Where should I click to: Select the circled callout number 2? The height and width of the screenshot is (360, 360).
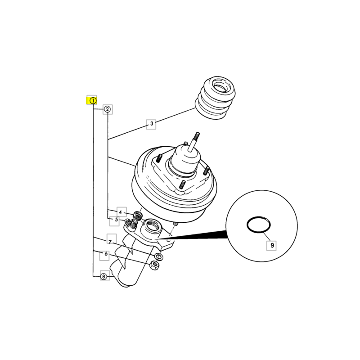pyautogui.click(x=107, y=109)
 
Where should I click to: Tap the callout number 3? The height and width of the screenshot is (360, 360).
pyautogui.click(x=152, y=124)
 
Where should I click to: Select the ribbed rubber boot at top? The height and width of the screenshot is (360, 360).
pyautogui.click(x=215, y=98)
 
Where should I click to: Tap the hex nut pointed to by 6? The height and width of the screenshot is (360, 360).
pyautogui.click(x=154, y=265)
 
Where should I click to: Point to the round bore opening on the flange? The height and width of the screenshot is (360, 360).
pyautogui.click(x=152, y=226)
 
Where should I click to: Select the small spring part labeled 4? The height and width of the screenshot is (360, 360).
pyautogui.click(x=138, y=216)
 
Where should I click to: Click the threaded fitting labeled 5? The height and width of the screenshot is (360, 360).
pyautogui.click(x=130, y=225)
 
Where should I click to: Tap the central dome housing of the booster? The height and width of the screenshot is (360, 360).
pyautogui.click(x=184, y=160)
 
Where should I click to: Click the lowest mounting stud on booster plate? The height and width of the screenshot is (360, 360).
pyautogui.click(x=183, y=185)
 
